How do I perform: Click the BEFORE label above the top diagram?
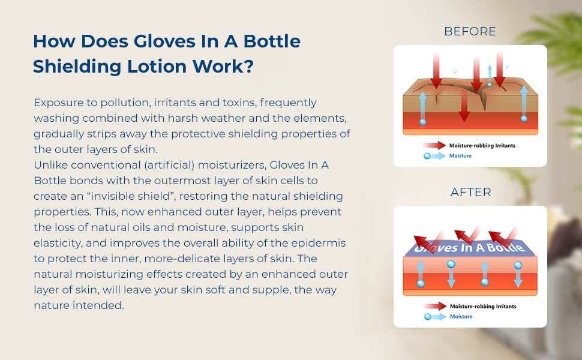click(470, 31)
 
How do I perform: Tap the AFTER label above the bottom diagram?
click(470, 192)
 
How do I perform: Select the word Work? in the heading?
click(223, 67)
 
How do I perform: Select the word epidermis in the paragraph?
click(318, 243)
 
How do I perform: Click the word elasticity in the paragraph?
click(58, 243)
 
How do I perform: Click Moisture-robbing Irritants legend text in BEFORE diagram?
click(482, 145)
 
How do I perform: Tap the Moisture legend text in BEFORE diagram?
click(460, 156)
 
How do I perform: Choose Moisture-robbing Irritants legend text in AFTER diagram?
click(483, 306)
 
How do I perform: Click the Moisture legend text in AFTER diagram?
click(461, 317)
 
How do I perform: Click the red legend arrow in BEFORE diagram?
click(434, 145)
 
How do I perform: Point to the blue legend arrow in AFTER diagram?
click(435, 317)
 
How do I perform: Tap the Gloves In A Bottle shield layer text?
click(470, 248)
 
